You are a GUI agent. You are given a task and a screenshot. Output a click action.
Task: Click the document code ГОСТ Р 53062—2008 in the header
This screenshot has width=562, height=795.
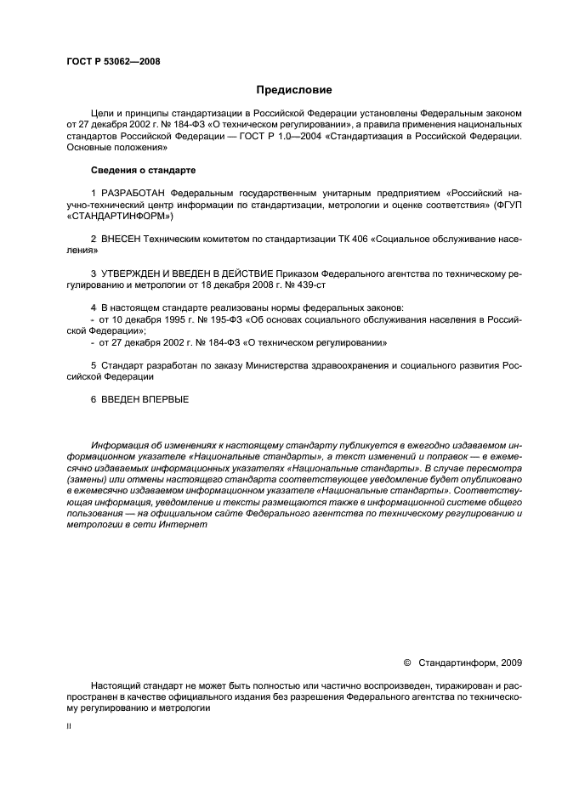click(113, 61)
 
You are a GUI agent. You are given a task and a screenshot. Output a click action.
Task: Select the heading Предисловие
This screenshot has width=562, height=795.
click(294, 89)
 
